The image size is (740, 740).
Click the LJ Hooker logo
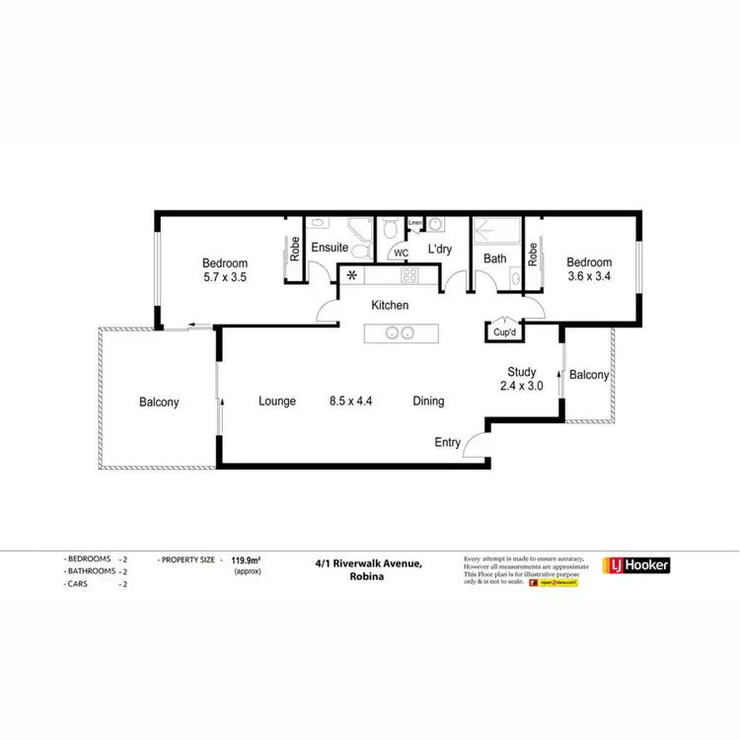click(636, 565)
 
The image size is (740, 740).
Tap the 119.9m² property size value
click(247, 559)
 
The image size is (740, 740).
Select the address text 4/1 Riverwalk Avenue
click(369, 563)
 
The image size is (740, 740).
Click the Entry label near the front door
click(448, 442)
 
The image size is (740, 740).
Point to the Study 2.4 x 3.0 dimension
click(522, 386)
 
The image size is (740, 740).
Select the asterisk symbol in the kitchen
click(350, 276)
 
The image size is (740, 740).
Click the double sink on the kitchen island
click(398, 333)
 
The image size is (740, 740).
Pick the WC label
click(401, 254)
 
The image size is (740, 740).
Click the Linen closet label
click(415, 222)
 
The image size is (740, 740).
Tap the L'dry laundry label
click(439, 251)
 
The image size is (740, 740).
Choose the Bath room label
click(494, 259)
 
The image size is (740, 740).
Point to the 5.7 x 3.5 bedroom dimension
click(225, 278)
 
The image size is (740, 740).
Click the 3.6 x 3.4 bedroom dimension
click(589, 277)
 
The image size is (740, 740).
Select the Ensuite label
click(328, 250)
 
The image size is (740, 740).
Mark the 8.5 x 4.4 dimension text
click(351, 402)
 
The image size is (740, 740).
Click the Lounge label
click(277, 402)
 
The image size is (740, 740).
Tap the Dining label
click(428, 402)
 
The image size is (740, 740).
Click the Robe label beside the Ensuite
click(295, 251)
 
